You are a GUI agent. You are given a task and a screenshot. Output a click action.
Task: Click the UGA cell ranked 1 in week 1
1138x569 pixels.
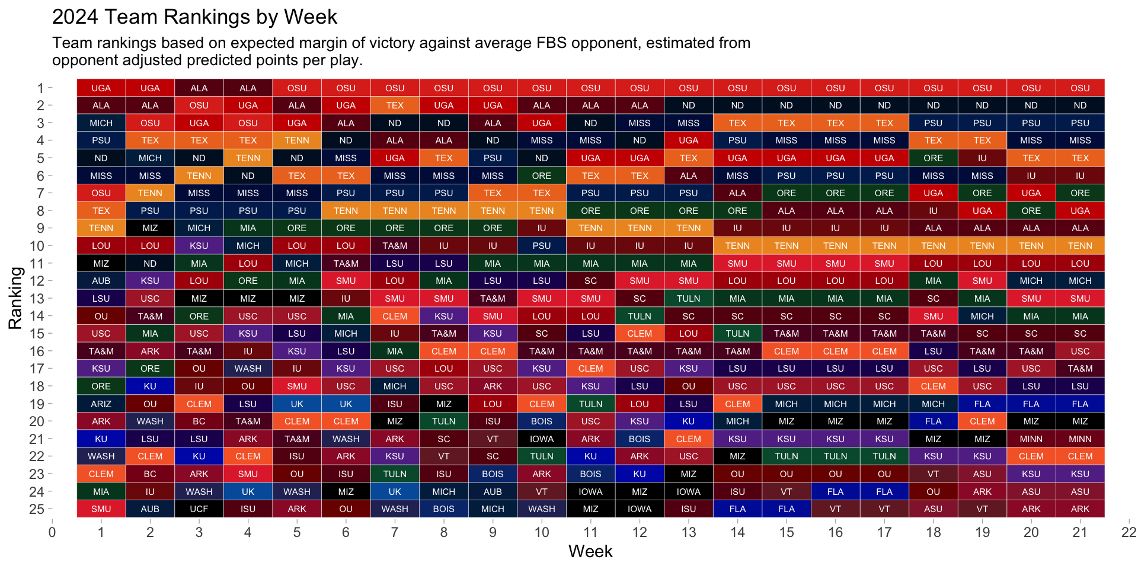coord(101,88)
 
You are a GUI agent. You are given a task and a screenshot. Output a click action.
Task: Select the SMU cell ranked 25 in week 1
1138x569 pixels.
coord(101,509)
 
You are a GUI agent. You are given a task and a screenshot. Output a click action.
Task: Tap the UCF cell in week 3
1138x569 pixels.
coord(199,509)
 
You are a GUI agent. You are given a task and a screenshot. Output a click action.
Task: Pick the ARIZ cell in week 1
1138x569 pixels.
coord(101,404)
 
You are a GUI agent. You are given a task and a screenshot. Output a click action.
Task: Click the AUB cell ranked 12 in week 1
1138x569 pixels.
coord(101,281)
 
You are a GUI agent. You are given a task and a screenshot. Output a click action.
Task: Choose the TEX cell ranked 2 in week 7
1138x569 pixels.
coord(395,106)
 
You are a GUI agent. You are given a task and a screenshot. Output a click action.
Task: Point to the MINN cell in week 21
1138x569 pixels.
coord(1080,439)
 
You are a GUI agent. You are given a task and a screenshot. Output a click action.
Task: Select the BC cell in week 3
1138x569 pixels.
coord(199,421)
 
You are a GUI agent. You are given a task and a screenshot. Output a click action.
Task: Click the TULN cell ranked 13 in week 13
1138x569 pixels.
coord(688,299)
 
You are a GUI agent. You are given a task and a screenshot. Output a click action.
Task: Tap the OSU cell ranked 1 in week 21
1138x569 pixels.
coord(1080,88)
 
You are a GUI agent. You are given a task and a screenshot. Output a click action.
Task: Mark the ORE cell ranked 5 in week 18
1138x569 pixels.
coord(933,158)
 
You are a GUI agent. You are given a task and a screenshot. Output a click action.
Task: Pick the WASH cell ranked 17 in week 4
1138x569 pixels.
coord(248,369)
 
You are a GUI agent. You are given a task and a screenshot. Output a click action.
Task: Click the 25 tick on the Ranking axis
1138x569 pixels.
coord(37,509)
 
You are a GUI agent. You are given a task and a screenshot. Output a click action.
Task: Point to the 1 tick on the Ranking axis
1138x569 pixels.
coord(40,88)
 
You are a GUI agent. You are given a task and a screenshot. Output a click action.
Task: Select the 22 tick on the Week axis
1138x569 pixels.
coord(1129,532)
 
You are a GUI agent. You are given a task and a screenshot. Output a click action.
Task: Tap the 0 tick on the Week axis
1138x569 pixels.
coord(52,532)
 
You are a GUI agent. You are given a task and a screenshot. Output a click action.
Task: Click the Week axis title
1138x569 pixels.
coord(590,551)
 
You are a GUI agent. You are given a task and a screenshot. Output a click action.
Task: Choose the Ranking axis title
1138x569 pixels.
coord(15,298)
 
